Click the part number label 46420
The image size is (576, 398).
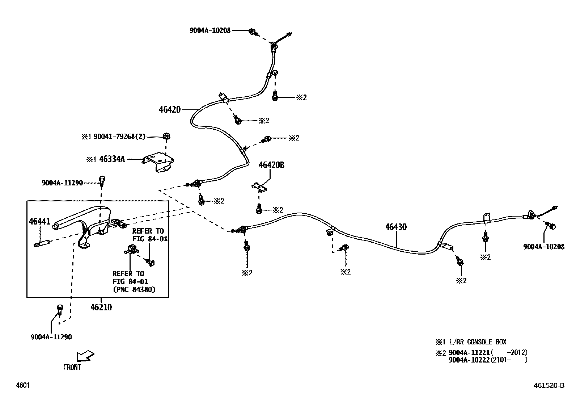click(169, 109)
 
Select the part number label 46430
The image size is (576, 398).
click(396, 227)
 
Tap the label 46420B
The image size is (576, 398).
click(271, 165)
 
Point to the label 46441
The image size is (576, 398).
click(40, 221)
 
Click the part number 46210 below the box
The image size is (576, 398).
click(101, 307)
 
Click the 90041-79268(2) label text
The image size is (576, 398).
click(119, 137)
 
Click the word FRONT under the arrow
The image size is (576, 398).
click(72, 367)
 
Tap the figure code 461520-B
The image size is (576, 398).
click(549, 386)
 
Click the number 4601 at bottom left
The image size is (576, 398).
click(22, 385)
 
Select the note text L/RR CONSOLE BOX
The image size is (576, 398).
click(477, 342)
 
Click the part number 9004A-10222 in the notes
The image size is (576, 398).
click(469, 360)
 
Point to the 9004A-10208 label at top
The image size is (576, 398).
click(210, 31)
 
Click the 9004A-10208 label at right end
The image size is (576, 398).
click(543, 247)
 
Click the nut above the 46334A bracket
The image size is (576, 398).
click(166, 137)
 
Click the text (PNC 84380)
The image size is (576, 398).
click(134, 289)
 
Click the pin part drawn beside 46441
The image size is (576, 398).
click(41, 244)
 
